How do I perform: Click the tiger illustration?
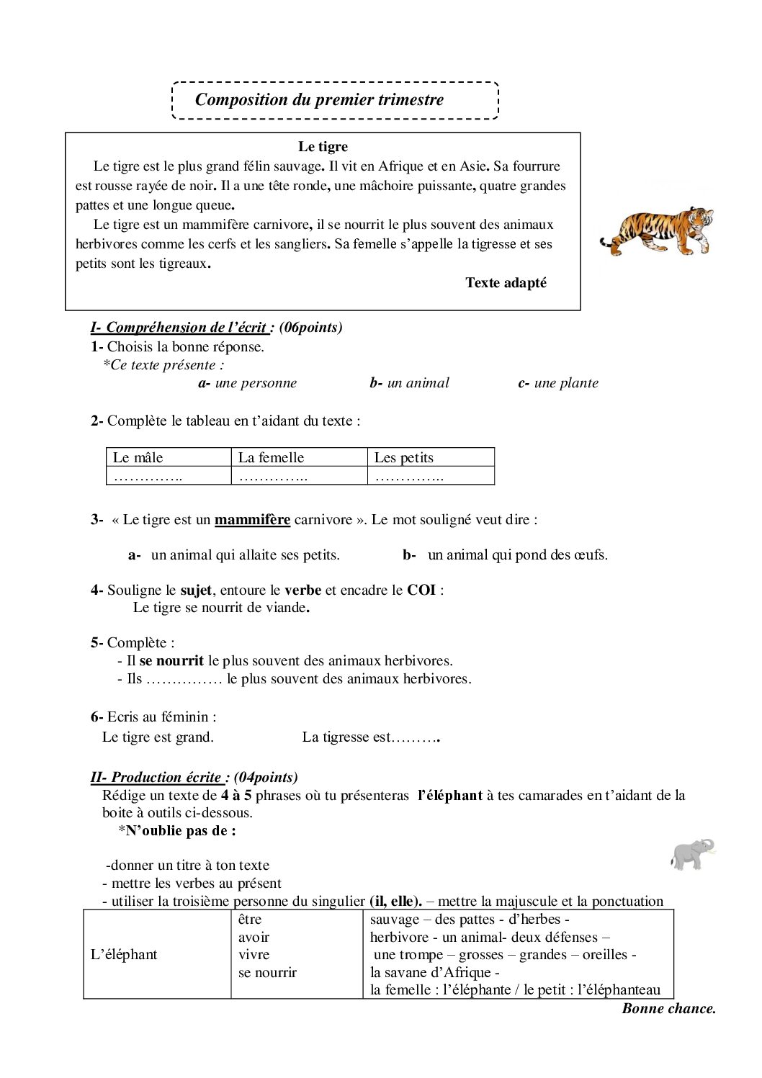657,230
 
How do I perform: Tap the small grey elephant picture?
692,854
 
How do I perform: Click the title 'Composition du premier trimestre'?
319,100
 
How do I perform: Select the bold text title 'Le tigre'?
323,147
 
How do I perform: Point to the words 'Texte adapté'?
506,283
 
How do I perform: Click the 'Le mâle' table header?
138,457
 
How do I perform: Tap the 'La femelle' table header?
271,457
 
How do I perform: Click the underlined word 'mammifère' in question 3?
252,520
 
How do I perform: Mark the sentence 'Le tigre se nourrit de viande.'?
221,608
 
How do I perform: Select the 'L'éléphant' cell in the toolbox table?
124,955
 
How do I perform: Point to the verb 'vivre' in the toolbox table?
254,955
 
